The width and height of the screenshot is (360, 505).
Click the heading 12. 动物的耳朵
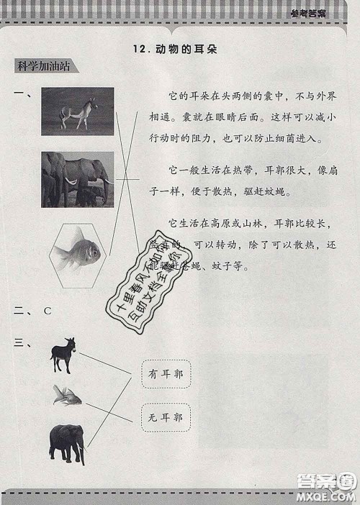[x=175, y=50]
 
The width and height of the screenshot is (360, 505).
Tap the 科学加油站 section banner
[x=47, y=67]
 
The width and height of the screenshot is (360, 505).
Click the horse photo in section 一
[x=78, y=111]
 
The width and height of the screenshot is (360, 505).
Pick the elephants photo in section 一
[x=78, y=179]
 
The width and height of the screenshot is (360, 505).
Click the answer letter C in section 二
[x=48, y=311]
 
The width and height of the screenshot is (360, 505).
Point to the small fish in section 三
[x=67, y=395]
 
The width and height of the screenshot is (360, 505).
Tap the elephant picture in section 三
[x=67, y=442]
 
